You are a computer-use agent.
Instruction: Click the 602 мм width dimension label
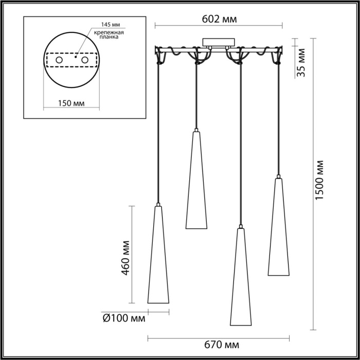pyautogui.click(x=219, y=19)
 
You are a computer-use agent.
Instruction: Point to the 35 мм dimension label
pyautogui.click(x=301, y=62)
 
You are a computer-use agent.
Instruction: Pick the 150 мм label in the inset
pyautogui.click(x=71, y=104)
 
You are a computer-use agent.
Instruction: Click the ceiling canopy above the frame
pyautogui.click(x=220, y=42)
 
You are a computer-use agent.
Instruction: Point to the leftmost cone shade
pyautogui.click(x=158, y=257)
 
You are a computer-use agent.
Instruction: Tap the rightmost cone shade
pyautogui.click(x=278, y=229)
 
